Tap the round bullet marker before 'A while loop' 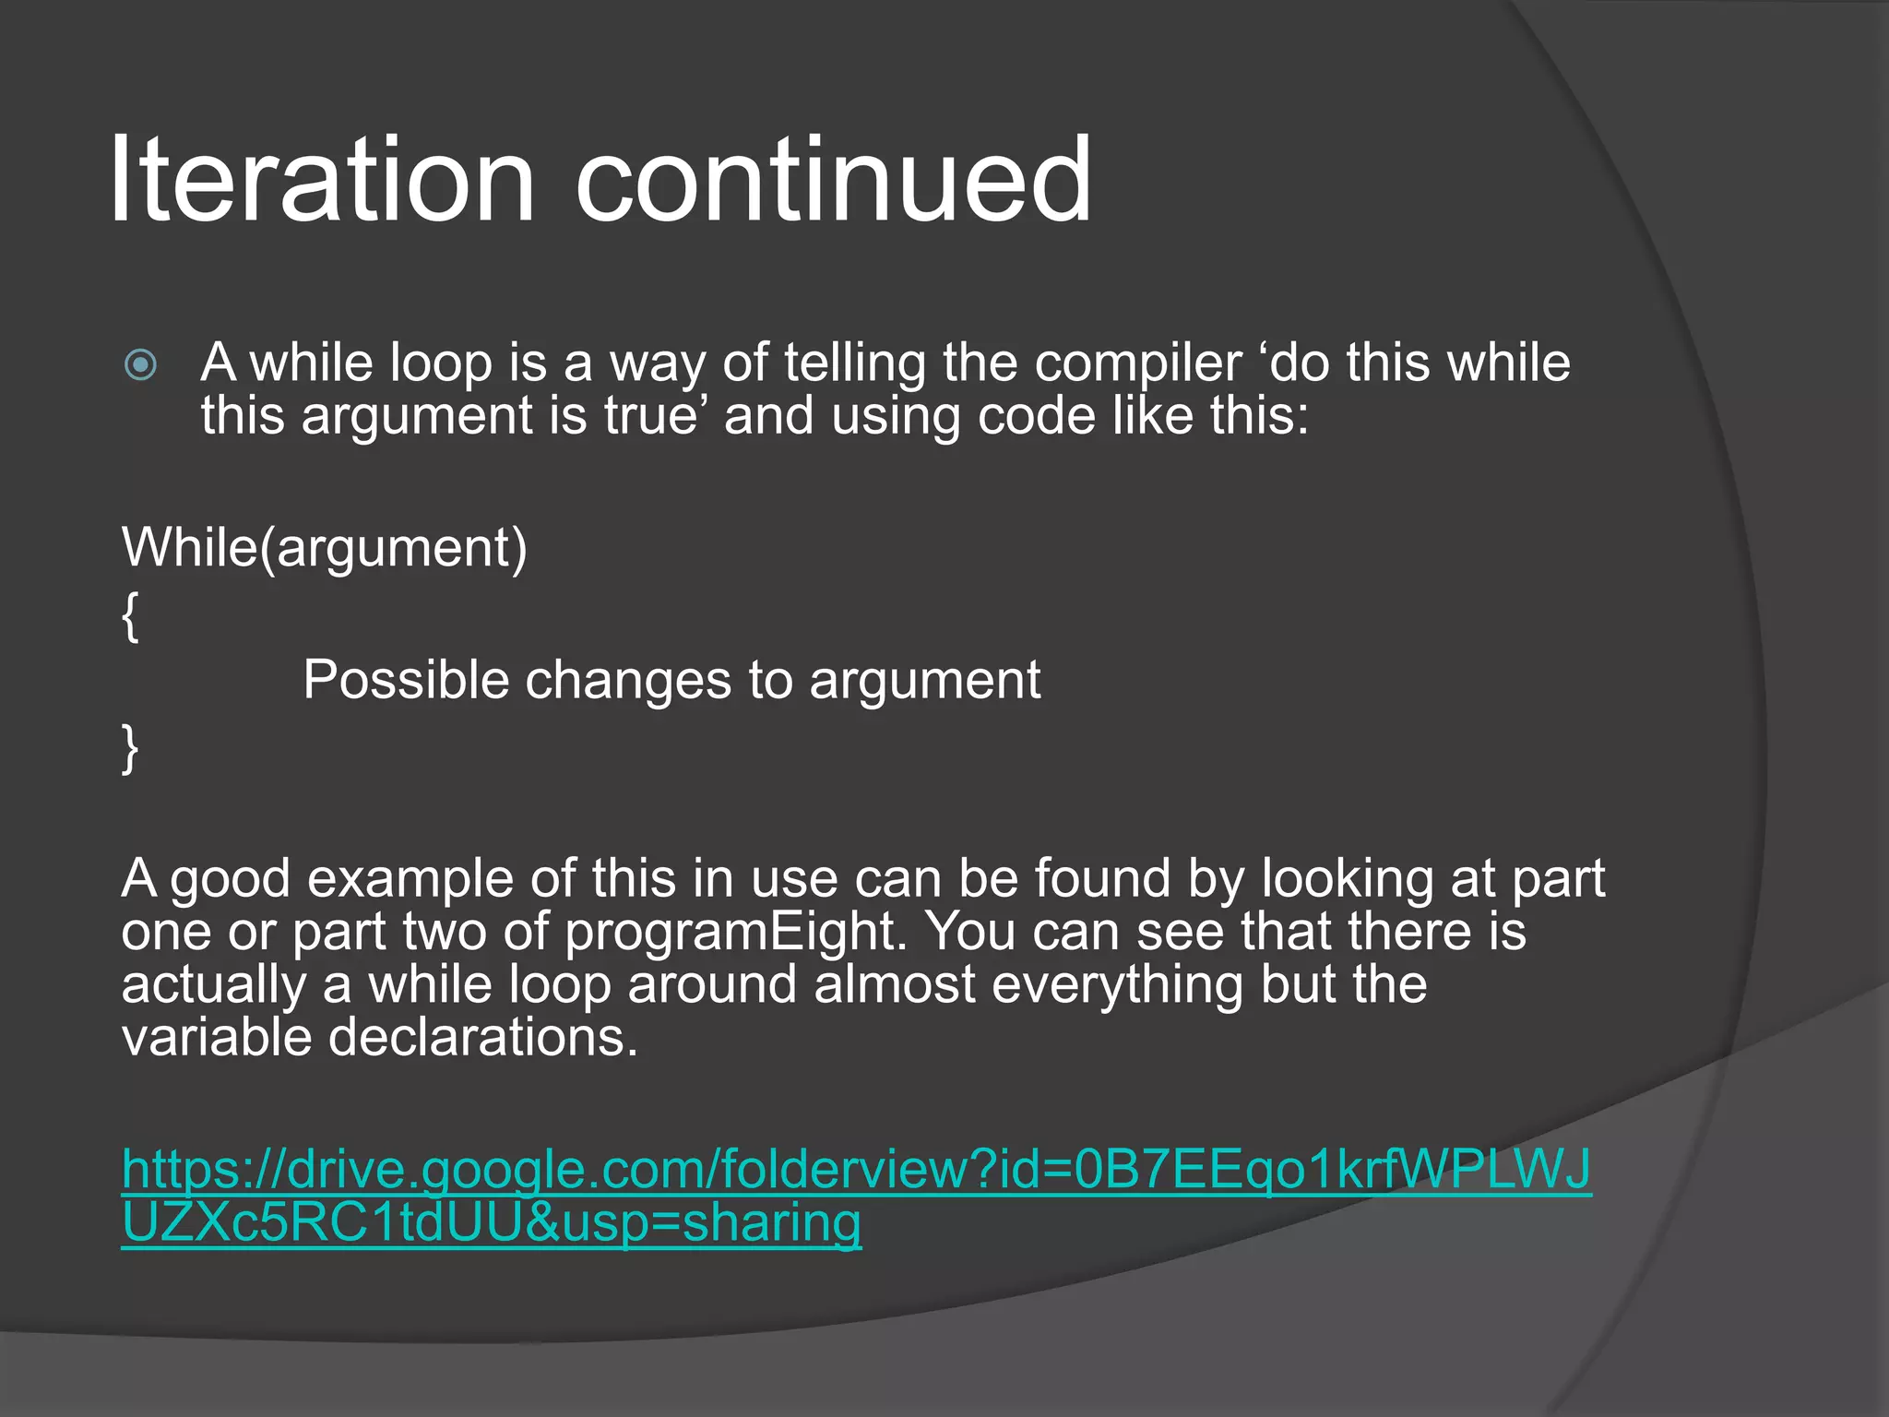tap(141, 364)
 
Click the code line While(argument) tap(324, 548)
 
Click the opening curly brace tap(131, 615)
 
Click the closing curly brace tap(131, 747)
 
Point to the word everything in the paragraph tap(1117, 983)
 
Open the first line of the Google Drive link tap(856, 1170)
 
